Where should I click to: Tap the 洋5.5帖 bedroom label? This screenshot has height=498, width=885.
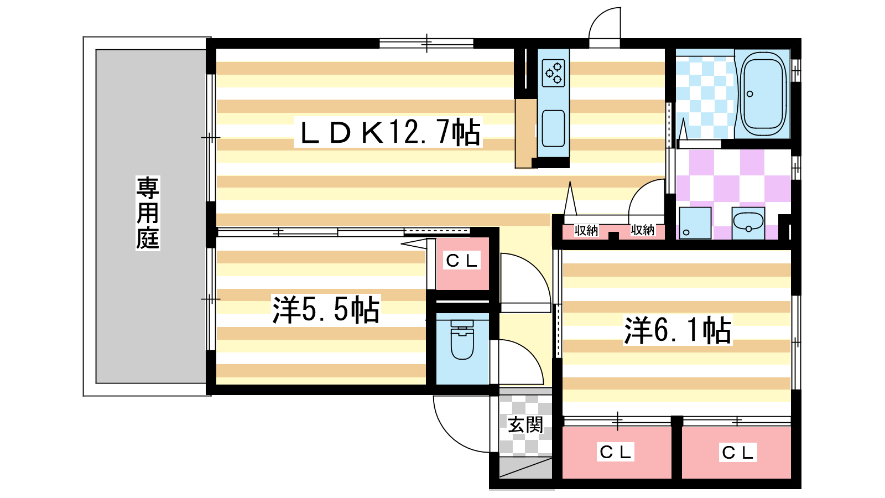tap(326, 309)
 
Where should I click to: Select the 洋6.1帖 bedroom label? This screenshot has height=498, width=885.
tap(678, 330)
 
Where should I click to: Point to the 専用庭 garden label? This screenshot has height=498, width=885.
tap(148, 213)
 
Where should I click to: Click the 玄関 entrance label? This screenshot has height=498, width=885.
tap(525, 425)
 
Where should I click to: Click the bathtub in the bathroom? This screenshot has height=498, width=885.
tap(763, 94)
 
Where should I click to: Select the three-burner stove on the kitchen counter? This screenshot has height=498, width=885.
tap(554, 73)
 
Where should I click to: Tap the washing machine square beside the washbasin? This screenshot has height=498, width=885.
tap(695, 223)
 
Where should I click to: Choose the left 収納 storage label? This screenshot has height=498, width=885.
tap(586, 230)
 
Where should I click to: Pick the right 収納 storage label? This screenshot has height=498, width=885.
tap(642, 230)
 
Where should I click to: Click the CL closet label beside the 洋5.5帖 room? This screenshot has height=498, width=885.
tap(462, 261)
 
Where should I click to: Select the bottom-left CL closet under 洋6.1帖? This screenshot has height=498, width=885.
tap(616, 452)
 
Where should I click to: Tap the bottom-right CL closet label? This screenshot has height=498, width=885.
tap(738, 453)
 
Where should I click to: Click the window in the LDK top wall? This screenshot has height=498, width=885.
tap(426, 43)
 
